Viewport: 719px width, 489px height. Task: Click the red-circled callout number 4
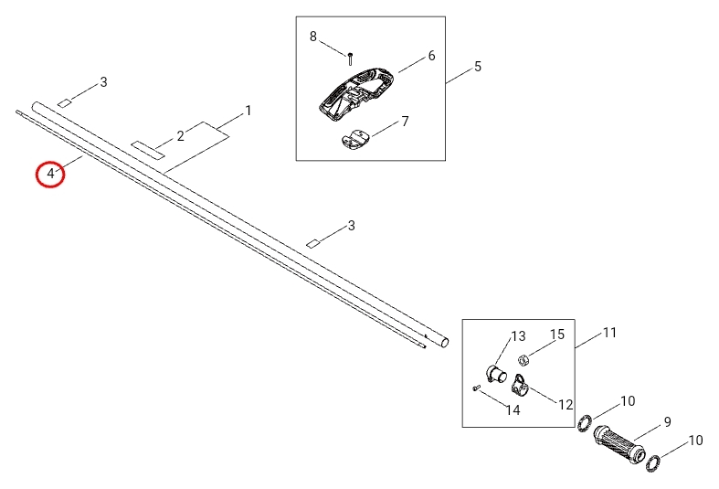coord(50,173)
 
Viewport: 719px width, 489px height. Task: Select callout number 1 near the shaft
coord(248,111)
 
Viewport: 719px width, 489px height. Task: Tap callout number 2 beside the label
coord(181,135)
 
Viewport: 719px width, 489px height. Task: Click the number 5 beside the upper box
coord(477,67)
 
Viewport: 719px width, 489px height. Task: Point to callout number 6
coord(430,56)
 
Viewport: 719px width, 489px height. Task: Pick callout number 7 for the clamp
coord(405,121)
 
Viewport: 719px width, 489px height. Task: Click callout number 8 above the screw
coord(313,37)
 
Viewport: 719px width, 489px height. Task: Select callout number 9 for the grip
coord(667,421)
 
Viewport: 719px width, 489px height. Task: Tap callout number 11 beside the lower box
coord(610,333)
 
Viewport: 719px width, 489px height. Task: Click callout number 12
coord(566,404)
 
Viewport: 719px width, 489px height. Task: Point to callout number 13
coord(518,336)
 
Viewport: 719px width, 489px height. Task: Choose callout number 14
coord(513,410)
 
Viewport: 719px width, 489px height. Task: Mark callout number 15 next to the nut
coord(557,335)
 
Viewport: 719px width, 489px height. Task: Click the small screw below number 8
coord(350,58)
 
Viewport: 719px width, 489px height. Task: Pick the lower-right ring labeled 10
coord(655,464)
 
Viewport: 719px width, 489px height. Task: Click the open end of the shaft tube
coord(445,342)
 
